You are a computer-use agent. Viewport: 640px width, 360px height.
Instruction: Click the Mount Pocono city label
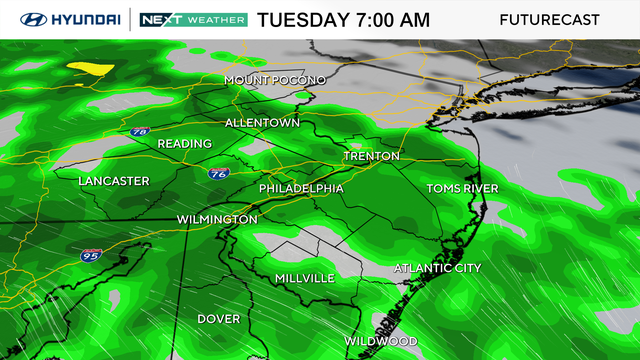coord(275,79)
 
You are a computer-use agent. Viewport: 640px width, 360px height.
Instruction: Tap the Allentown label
coord(262,123)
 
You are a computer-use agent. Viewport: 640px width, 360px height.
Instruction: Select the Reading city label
coord(184,144)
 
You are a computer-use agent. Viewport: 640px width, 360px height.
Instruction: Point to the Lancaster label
coord(114,181)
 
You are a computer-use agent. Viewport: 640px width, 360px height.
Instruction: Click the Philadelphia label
coord(301,188)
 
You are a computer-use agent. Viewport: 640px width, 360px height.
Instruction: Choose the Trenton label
coord(371,157)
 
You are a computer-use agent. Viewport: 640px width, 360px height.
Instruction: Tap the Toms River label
coord(462,188)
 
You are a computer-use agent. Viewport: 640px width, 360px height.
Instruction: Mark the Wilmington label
coord(217,219)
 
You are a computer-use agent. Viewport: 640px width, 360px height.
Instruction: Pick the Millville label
coord(304,278)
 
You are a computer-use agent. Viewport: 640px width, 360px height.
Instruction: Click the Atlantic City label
coord(437,268)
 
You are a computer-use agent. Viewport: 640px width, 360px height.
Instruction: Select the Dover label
coord(218,319)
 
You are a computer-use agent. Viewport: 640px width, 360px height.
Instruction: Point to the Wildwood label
coord(381,341)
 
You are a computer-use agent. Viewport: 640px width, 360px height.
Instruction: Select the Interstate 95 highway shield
coord(89,256)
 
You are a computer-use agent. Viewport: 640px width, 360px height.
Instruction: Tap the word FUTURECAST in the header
coord(549,20)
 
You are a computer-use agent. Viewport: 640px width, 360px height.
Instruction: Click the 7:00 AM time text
coord(390,20)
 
